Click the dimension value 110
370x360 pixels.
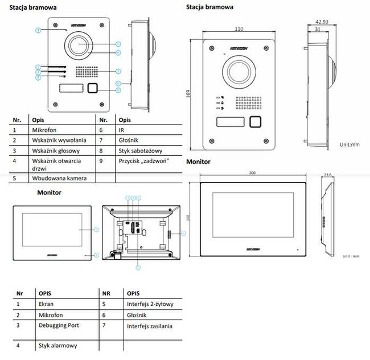239,28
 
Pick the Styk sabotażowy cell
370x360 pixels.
139,151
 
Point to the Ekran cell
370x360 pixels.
47,304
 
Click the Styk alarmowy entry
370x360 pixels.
57,345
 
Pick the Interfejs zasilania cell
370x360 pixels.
150,326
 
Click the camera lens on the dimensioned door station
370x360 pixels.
239,70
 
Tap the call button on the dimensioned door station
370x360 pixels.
256,122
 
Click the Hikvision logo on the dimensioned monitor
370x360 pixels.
254,249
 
